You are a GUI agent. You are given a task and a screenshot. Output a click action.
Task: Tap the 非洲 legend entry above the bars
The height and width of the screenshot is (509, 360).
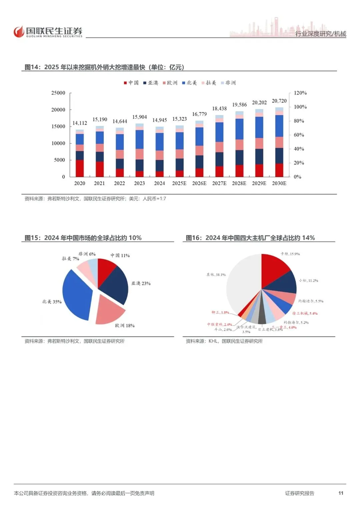coord(228,83)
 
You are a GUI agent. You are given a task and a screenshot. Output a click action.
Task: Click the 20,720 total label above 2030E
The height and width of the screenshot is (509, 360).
coord(279,101)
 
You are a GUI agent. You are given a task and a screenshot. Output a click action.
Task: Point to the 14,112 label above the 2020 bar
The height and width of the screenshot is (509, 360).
coord(80,123)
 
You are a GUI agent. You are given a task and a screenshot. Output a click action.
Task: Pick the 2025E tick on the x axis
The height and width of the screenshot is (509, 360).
coord(179,183)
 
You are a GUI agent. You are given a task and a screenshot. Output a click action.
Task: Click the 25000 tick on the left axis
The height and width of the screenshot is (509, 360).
coord(58,93)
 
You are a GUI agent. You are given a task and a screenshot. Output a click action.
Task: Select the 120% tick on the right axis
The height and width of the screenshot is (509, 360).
coord(300,93)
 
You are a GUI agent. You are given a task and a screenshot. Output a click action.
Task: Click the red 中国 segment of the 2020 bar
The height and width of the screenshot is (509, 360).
coord(80,168)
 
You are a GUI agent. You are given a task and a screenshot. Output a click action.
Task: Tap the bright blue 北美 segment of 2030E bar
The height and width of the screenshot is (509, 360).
coord(279,126)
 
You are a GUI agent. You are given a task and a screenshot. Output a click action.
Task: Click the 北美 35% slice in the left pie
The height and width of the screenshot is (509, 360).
coord(76,295)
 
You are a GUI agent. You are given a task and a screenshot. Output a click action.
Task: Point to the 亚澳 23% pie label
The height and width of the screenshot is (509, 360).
coord(141,283)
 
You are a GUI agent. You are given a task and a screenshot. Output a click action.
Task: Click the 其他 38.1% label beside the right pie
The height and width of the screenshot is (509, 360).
coord(216,275)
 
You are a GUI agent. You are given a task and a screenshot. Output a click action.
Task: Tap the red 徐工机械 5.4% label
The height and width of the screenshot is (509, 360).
coord(305,313)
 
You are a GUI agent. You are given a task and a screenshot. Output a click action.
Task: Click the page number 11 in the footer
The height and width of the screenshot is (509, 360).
coord(341,493)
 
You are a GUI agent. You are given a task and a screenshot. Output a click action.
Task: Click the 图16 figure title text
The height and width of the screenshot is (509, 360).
coord(250,238)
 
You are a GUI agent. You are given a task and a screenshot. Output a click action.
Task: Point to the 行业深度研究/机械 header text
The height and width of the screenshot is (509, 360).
coord(321,34)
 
